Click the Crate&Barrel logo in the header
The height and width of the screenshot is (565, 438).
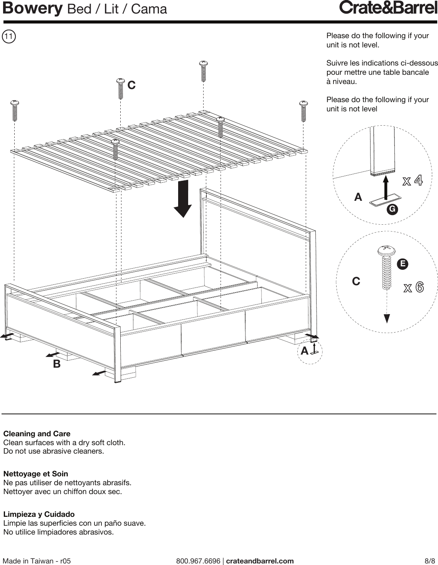tap(388, 8)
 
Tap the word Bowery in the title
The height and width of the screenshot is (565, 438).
tap(32, 8)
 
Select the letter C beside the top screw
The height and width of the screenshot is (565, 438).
tap(131, 85)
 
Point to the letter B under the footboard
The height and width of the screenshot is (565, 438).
tap(57, 364)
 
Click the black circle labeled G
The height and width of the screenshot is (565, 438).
tap(393, 209)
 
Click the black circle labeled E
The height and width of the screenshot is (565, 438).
tap(403, 264)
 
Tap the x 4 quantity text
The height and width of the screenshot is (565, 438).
tap(413, 181)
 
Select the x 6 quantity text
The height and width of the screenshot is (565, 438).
tap(414, 288)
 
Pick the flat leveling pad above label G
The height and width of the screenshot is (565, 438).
tap(384, 202)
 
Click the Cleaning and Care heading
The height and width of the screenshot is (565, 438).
tap(37, 434)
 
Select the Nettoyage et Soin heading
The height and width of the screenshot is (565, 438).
tap(35, 474)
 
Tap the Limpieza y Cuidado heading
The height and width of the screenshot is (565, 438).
tap(39, 514)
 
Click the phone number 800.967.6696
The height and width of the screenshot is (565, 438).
tap(198, 561)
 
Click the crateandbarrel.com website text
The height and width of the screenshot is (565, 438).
tap(259, 561)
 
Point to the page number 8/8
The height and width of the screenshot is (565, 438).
tap(430, 561)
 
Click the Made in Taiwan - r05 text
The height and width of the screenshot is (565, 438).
tap(37, 561)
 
